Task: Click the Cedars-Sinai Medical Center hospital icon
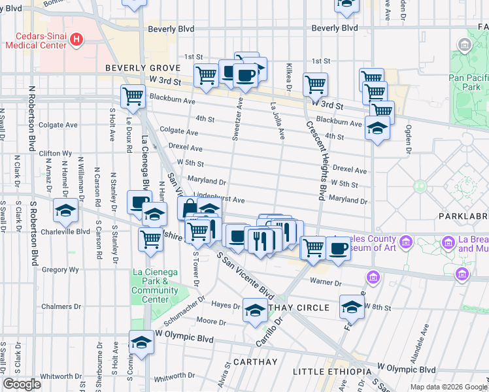pyautogui.click(x=77, y=40)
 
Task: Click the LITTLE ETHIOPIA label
pyautogui.click(x=331, y=372)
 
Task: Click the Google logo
pyautogui.click(x=22, y=384)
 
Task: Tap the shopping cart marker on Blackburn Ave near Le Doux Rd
pyautogui.click(x=133, y=96)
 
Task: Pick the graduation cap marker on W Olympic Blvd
pyautogui.click(x=141, y=341)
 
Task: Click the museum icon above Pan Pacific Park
pyautogui.click(x=465, y=45)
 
